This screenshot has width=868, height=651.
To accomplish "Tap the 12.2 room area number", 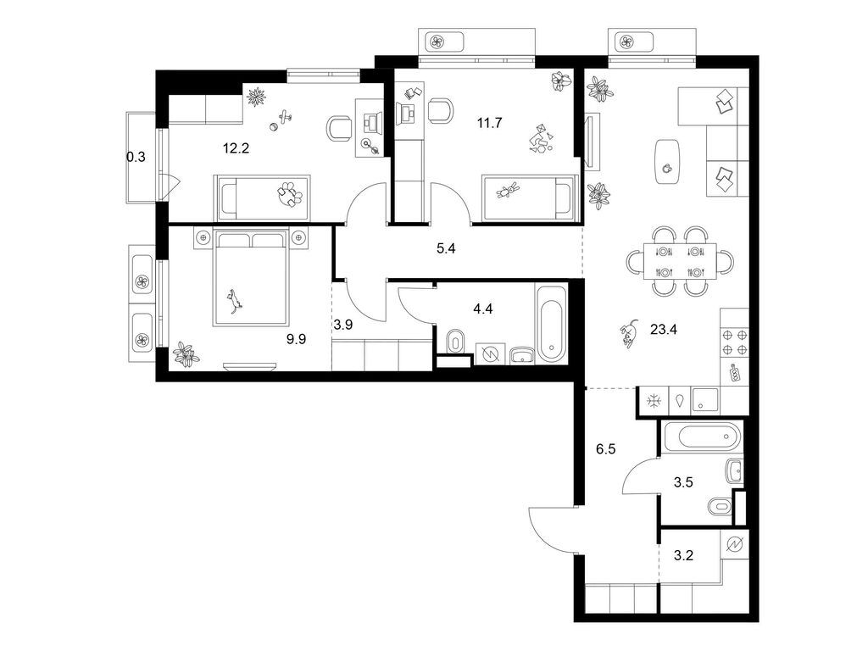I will [x=236, y=148].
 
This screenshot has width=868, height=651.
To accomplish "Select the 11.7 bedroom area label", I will [x=490, y=123].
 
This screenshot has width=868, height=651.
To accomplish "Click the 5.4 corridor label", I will [x=445, y=250].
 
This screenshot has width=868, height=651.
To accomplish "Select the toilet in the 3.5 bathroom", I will [x=720, y=507].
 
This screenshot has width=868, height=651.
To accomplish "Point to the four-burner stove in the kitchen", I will [x=734, y=341].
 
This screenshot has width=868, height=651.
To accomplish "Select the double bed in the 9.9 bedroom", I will [x=252, y=277].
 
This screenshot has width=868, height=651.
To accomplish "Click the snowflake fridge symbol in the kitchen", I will [x=654, y=401].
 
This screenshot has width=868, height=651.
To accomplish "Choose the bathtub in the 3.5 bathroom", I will [x=703, y=438].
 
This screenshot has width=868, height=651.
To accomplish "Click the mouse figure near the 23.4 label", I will [x=627, y=335].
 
